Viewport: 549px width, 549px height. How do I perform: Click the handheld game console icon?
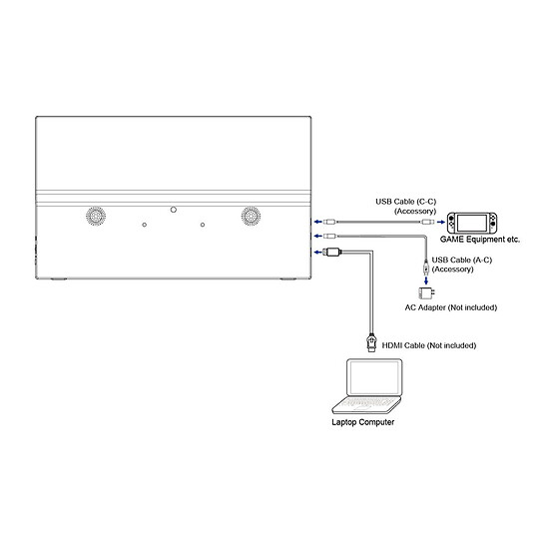coord(472,223)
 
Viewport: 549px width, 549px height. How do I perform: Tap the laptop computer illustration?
coord(367,386)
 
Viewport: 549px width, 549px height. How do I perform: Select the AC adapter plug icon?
coord(426,292)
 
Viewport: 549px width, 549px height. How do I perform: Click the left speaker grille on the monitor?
coord(96,216)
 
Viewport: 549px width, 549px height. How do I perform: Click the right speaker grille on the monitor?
coord(251,216)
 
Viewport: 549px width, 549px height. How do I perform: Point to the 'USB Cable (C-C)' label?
coord(406,202)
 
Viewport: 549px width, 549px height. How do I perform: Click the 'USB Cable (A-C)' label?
coord(462,260)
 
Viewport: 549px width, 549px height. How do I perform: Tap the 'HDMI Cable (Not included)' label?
coord(429,345)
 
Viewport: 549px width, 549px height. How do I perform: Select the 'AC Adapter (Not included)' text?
coord(451,307)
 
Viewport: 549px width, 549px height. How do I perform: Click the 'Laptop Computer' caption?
coord(363,422)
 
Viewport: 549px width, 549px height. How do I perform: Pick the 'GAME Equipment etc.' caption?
coord(480,240)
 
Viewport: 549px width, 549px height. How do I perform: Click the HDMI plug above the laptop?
coord(371,342)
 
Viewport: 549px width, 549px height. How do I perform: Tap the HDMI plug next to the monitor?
coord(331,252)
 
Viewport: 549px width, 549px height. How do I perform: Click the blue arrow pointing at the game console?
coord(441,222)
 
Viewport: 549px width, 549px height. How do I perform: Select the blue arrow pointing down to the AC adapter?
coord(426,280)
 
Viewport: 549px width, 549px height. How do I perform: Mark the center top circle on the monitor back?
coord(174,210)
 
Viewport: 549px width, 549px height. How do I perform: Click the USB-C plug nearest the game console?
coord(427,222)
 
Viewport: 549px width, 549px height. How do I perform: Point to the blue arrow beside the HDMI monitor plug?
coord(317,252)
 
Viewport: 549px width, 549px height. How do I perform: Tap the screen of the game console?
coord(472,223)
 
